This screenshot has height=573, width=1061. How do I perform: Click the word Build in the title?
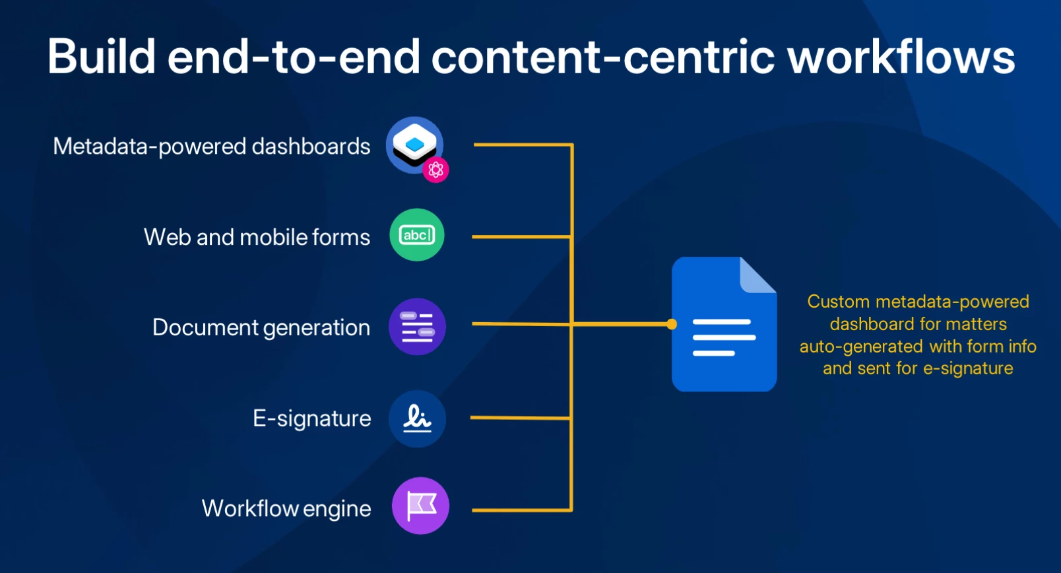102,56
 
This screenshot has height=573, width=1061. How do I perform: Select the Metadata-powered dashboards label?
211,147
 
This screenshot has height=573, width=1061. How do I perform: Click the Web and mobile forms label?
257,237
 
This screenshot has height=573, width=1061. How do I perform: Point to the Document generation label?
261,327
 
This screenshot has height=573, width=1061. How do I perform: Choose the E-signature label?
311,419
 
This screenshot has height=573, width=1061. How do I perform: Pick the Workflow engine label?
286,508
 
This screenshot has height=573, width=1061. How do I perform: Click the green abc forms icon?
417,235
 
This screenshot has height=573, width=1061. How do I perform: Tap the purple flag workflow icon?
420,506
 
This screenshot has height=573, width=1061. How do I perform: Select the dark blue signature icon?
417,419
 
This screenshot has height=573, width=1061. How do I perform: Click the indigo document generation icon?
417,327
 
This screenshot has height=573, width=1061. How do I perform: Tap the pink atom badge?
435,170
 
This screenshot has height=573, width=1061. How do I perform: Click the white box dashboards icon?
414,145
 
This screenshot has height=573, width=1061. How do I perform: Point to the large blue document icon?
724,324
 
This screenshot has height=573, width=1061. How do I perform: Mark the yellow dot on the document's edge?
672,324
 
